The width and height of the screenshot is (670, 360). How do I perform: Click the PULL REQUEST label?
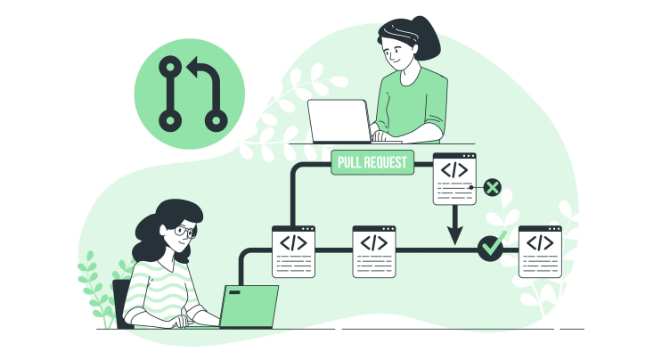(x=372, y=162)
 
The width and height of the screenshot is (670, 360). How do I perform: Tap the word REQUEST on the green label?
(x=384, y=162)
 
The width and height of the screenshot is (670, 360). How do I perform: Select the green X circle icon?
(x=492, y=187)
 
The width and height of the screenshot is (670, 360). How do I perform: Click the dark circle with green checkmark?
(x=491, y=247)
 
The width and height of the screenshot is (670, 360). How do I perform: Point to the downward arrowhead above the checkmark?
(x=454, y=235)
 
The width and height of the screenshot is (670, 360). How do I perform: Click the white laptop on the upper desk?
(x=339, y=121)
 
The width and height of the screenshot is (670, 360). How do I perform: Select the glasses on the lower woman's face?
(x=185, y=232)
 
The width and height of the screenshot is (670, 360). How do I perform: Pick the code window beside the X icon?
(x=454, y=179)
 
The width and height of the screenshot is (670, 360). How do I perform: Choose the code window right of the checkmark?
(x=540, y=252)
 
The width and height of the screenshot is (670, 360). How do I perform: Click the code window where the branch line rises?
(x=293, y=252)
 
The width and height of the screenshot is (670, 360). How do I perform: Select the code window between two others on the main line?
(x=374, y=252)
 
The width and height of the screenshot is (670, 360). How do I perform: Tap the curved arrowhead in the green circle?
(x=195, y=67)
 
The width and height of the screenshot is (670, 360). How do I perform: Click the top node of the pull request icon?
(x=170, y=67)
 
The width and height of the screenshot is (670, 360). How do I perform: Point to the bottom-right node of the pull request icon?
(x=216, y=120)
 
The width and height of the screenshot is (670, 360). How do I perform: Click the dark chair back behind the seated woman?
(x=120, y=303)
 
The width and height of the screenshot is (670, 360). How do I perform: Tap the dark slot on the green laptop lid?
(x=234, y=292)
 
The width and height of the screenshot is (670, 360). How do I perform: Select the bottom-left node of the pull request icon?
(x=170, y=120)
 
